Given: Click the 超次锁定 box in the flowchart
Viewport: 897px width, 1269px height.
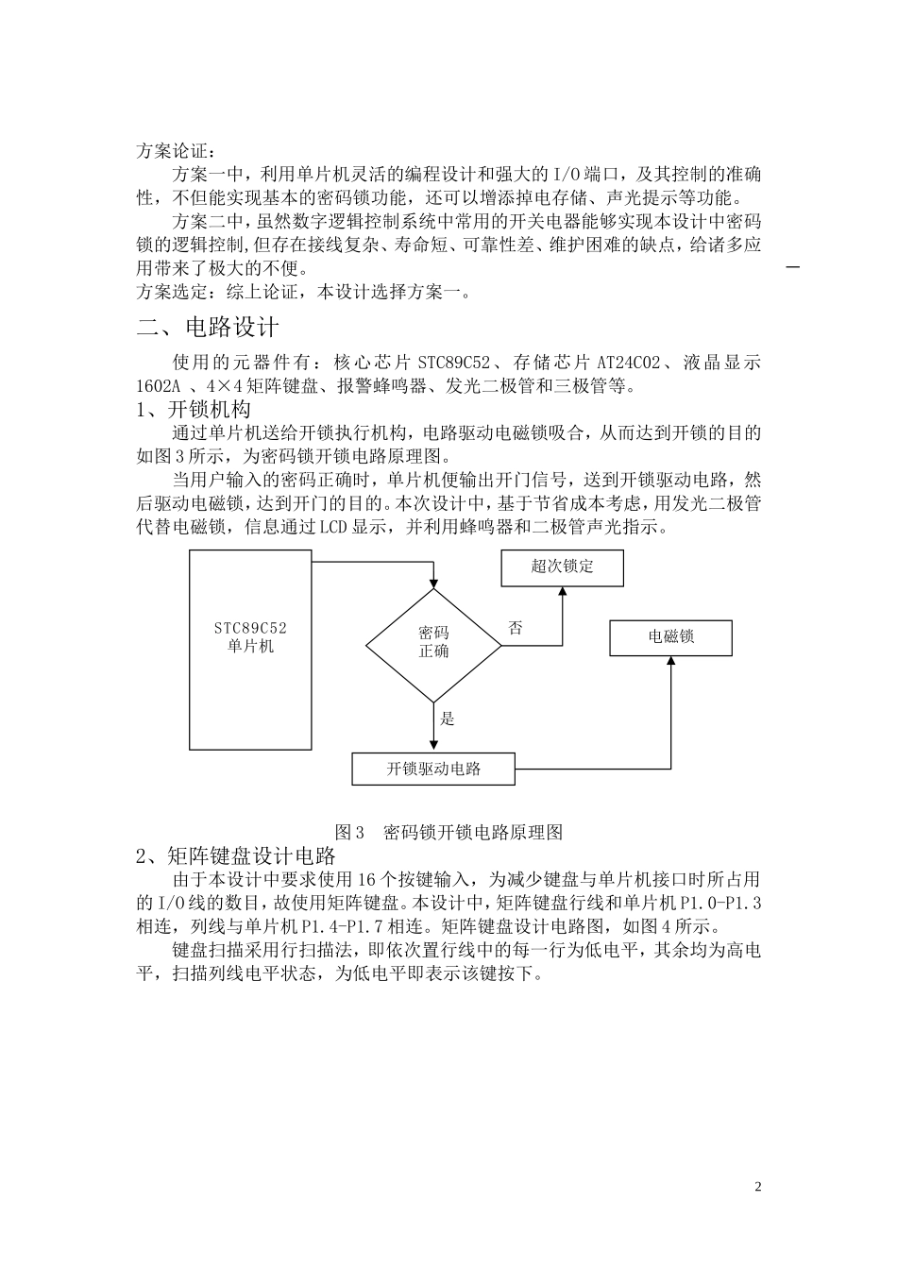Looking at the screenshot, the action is (x=562, y=567).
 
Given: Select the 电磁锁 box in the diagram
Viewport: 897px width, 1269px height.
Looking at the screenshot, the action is (x=670, y=637).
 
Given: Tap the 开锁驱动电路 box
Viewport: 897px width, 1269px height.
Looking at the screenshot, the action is (x=433, y=769).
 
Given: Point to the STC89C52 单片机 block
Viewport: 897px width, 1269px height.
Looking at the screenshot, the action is (x=250, y=650).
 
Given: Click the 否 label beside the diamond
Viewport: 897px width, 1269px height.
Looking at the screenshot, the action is (x=516, y=628).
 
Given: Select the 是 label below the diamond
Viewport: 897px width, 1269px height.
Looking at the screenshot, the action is (x=448, y=719).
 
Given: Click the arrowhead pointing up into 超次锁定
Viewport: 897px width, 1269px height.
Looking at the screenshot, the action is (x=562, y=590).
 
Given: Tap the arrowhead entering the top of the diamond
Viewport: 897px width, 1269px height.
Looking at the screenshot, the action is (x=433, y=583).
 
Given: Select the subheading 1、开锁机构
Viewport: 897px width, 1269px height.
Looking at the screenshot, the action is (x=194, y=410).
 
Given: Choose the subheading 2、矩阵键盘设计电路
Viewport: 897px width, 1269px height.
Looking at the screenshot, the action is (x=236, y=855).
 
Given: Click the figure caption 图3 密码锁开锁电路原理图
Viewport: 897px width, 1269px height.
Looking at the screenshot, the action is (x=448, y=832).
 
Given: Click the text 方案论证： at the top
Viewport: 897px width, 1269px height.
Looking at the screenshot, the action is (x=177, y=151).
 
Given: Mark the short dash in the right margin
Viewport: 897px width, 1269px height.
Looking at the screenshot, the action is (x=792, y=268).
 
